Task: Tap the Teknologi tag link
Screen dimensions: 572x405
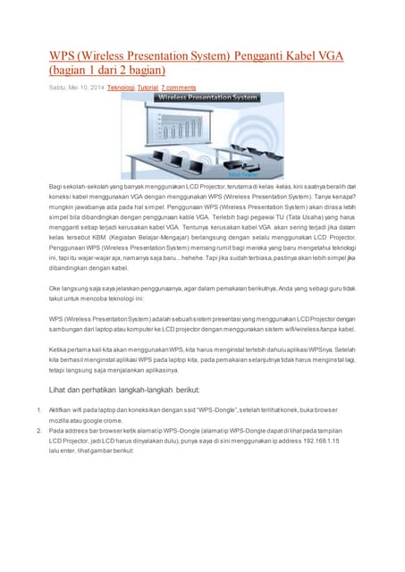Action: click(121, 88)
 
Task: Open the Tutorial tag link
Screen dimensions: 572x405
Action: click(148, 88)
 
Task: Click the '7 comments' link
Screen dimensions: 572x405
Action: click(178, 88)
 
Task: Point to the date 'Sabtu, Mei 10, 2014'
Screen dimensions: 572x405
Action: click(76, 88)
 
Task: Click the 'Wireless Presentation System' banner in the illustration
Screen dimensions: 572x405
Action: click(201, 97)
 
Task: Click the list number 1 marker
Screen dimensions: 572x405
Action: click(38, 410)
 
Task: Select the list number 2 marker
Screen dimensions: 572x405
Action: click(38, 430)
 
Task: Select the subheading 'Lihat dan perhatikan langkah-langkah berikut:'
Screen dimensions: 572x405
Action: click(124, 391)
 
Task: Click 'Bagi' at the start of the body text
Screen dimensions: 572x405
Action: click(56, 184)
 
